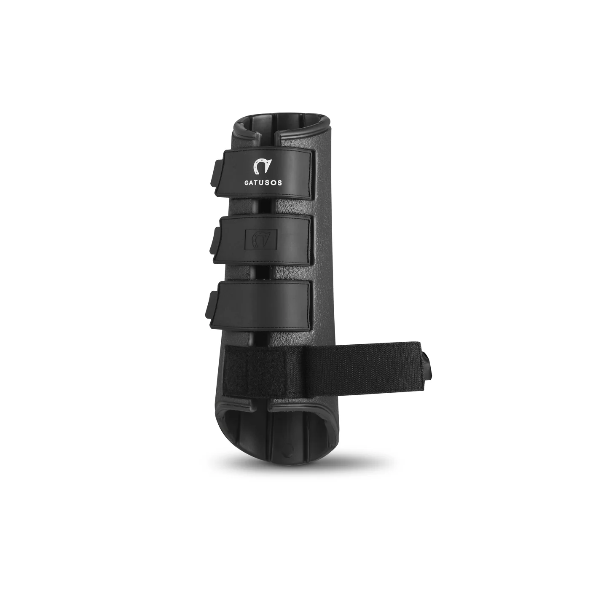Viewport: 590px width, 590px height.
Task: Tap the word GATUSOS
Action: pyautogui.click(x=263, y=183)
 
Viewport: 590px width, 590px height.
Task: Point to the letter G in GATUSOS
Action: pyautogui.click(x=246, y=183)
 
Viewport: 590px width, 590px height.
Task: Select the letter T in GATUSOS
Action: pyautogui.click(x=257, y=183)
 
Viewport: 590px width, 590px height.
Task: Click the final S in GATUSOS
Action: pyautogui.click(x=280, y=183)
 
